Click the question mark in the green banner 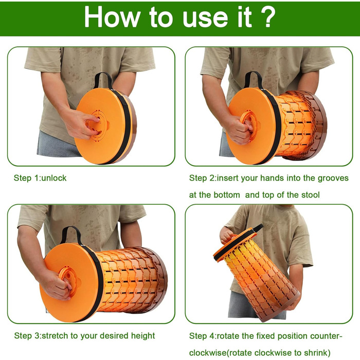coord(266,16)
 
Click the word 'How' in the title coord(112,16)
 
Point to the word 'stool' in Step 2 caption coord(310,195)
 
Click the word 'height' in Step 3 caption coord(143,336)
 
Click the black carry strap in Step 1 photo coord(103,80)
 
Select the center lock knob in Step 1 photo coord(99,125)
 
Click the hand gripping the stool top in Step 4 coord(227,236)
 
